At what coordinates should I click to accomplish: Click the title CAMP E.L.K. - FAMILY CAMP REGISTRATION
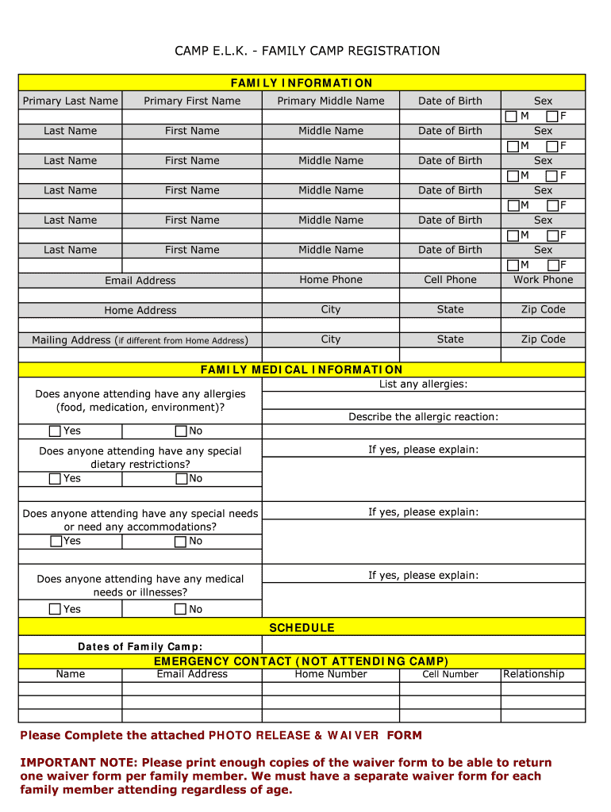click(307, 51)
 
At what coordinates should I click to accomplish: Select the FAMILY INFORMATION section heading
click(302, 83)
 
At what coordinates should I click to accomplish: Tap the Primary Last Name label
click(70, 101)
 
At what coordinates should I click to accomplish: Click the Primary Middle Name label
click(331, 101)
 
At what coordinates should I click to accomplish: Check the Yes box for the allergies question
click(55, 431)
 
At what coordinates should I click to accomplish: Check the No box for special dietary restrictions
click(182, 479)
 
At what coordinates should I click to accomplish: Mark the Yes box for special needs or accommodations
click(56, 542)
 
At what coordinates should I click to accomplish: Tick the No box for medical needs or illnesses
click(181, 609)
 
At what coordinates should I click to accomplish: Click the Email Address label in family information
click(140, 281)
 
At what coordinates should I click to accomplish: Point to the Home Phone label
click(331, 280)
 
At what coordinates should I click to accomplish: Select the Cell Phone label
click(450, 280)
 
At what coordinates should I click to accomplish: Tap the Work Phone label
click(543, 280)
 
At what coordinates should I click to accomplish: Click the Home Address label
click(140, 311)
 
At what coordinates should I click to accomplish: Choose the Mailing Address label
click(71, 340)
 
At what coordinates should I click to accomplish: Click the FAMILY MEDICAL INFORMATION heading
click(302, 370)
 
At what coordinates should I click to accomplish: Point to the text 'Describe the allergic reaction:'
click(423, 417)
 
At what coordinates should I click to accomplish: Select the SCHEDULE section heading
click(302, 628)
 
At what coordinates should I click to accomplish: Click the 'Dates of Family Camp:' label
click(140, 647)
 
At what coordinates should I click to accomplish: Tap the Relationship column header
click(534, 675)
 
